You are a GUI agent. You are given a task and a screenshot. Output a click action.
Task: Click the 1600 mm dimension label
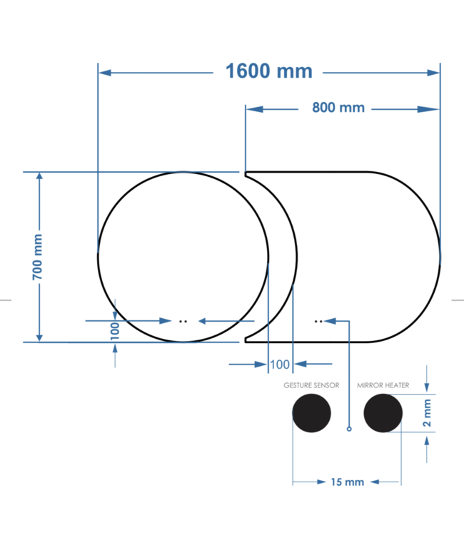tap(269, 71)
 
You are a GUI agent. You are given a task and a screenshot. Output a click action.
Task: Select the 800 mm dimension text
tap(338, 108)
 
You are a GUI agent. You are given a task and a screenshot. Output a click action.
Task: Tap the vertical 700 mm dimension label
tap(38, 256)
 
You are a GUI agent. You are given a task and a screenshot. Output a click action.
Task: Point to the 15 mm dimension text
tap(347, 482)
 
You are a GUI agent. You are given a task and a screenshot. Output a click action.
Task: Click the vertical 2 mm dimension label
tap(428, 414)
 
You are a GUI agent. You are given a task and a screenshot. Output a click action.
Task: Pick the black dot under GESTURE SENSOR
tap(312, 414)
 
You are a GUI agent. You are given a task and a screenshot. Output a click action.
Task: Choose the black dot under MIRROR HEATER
tap(383, 414)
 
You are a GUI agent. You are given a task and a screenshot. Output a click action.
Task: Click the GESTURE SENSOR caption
tap(311, 385)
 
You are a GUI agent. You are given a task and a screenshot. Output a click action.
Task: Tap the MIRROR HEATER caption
tap(383, 385)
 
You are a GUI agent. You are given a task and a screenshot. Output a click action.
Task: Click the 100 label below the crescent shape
tap(280, 365)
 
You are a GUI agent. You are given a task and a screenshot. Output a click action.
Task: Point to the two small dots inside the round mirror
tap(183, 321)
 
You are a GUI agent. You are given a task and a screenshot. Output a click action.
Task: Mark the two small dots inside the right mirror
tap(318, 321)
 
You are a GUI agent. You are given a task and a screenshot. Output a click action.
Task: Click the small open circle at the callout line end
tap(348, 429)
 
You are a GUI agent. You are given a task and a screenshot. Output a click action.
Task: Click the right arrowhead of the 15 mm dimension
tap(395, 482)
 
